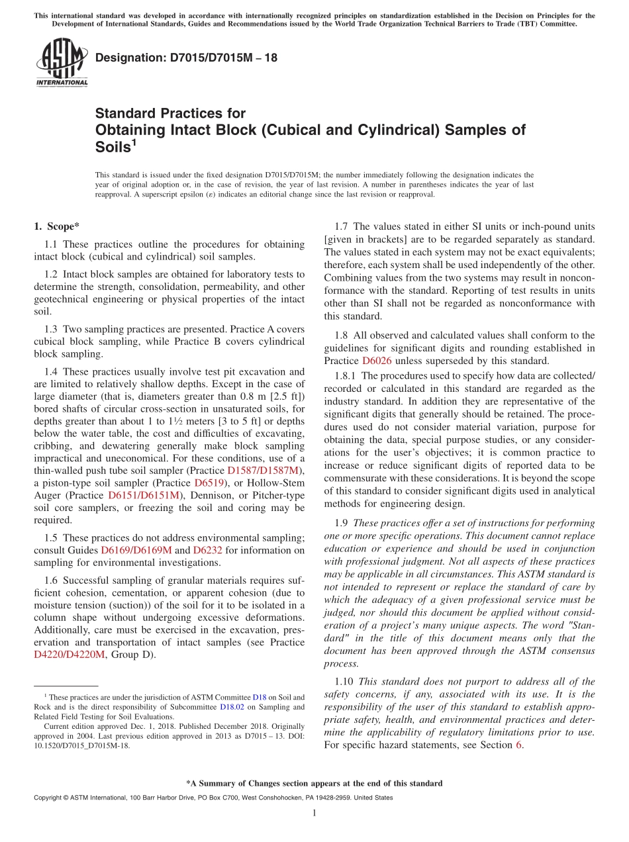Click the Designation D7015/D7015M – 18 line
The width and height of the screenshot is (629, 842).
(x=186, y=58)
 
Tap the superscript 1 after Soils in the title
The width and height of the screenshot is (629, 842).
(x=134, y=142)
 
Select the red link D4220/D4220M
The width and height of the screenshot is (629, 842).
(x=69, y=655)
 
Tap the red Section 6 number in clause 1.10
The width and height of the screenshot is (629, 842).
(x=518, y=745)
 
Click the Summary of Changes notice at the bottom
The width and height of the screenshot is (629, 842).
(x=314, y=783)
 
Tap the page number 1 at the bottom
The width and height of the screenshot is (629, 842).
(x=314, y=813)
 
